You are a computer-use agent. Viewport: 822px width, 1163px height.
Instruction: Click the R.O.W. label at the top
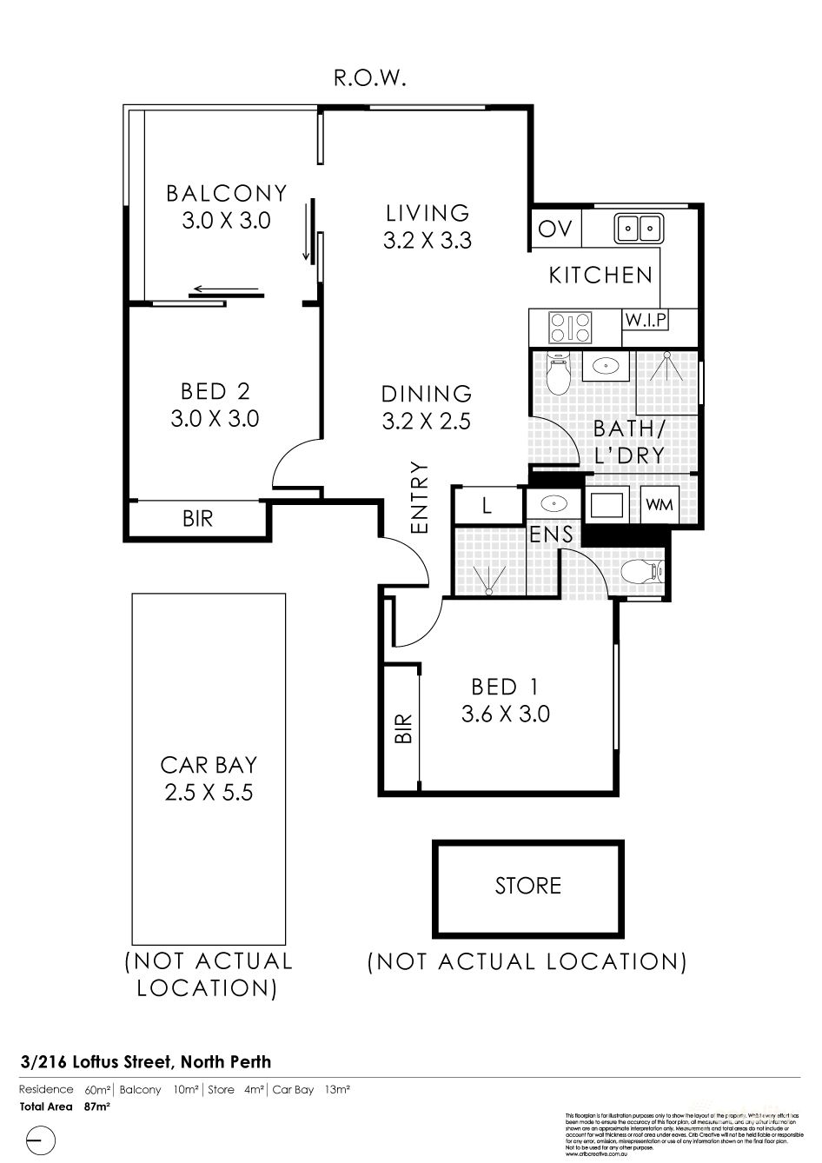[370, 79]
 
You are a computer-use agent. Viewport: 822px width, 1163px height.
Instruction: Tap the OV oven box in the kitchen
[554, 229]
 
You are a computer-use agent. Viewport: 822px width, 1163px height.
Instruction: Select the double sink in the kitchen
[639, 229]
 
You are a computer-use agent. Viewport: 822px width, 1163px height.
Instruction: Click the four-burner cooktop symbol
[569, 328]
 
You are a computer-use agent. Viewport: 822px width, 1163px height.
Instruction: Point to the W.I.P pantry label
[646, 320]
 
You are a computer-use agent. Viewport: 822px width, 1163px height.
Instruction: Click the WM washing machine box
[659, 504]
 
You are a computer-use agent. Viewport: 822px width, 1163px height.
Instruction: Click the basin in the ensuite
[550, 503]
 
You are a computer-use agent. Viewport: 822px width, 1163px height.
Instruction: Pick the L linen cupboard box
[487, 506]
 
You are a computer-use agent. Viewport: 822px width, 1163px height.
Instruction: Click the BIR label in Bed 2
[197, 519]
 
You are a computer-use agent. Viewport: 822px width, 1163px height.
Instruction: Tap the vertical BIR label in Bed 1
[402, 728]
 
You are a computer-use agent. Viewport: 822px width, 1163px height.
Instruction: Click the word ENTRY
[421, 497]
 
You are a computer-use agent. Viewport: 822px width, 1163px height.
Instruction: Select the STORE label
[527, 886]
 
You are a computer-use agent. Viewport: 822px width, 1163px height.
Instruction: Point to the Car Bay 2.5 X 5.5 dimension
[209, 792]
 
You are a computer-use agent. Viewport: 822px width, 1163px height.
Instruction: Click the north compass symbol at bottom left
[41, 1139]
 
